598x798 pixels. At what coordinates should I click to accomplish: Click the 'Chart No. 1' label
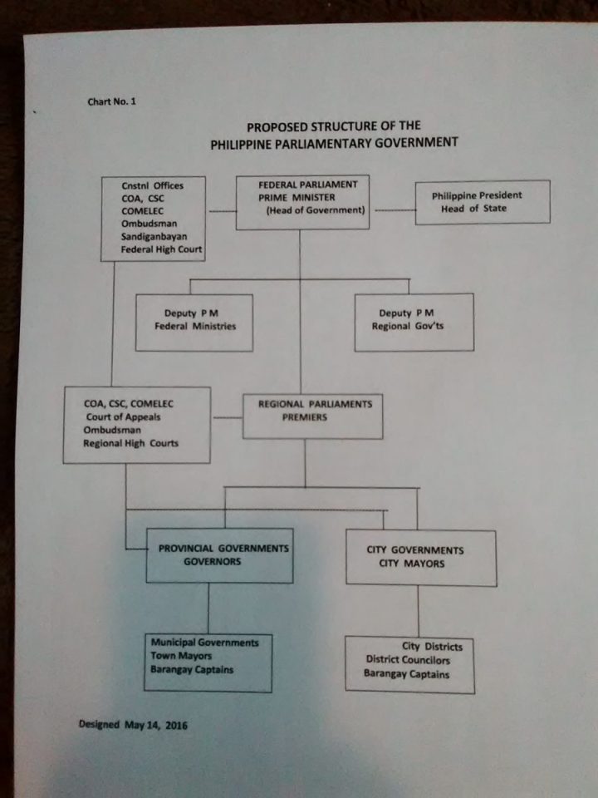pyautogui.click(x=111, y=101)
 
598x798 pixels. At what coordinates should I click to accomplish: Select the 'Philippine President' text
pyautogui.click(x=477, y=195)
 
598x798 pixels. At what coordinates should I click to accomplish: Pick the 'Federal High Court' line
pyautogui.click(x=161, y=249)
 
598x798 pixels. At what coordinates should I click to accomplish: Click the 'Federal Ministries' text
pyautogui.click(x=195, y=326)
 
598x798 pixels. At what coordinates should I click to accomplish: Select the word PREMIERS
pyautogui.click(x=304, y=417)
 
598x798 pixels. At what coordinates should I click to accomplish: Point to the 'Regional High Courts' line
pyautogui.click(x=130, y=444)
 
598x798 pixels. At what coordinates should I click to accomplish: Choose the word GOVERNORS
pyautogui.click(x=212, y=562)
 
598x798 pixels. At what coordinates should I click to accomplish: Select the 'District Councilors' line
pyautogui.click(x=409, y=660)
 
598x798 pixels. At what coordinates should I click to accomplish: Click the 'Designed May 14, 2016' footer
pyautogui.click(x=133, y=724)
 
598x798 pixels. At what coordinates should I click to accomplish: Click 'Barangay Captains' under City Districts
pyautogui.click(x=406, y=674)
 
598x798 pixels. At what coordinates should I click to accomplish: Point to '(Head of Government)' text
pyautogui.click(x=316, y=211)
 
